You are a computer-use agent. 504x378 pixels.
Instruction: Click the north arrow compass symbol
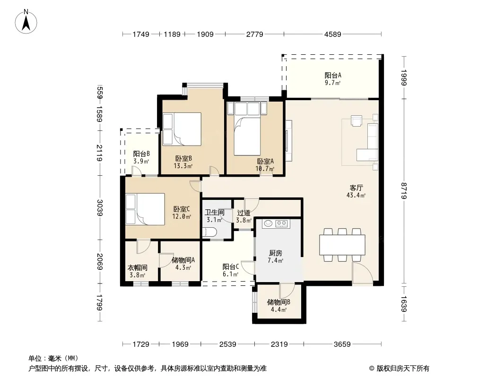pyautogui.click(x=26, y=21)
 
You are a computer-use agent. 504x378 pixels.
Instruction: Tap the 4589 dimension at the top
pyautogui.click(x=332, y=34)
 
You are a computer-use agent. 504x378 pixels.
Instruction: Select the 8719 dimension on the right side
pyautogui.click(x=404, y=191)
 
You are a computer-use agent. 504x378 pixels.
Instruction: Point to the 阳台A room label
pyautogui.click(x=333, y=76)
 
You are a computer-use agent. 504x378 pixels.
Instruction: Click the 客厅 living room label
pyautogui.click(x=356, y=188)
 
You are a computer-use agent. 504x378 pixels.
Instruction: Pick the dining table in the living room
pyautogui.click(x=342, y=245)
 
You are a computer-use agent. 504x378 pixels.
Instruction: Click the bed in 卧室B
pyautogui.click(x=182, y=129)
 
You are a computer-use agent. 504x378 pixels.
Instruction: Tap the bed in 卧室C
pyautogui.click(x=145, y=209)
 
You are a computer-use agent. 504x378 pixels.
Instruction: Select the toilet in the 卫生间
pyautogui.click(x=209, y=233)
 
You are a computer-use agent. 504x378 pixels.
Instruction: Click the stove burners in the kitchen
pyautogui.click(x=282, y=223)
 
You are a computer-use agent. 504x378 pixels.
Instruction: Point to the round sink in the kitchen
pyautogui.click(x=269, y=223)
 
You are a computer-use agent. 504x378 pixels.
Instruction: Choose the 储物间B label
pyautogui.click(x=278, y=302)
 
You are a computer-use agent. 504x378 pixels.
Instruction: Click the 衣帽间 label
pyautogui.click(x=138, y=267)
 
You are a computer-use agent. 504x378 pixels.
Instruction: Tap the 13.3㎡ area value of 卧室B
pyautogui.click(x=183, y=166)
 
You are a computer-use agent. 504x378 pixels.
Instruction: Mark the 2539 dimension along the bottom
pyautogui.click(x=227, y=344)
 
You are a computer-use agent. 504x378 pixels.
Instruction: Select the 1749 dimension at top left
pyautogui.click(x=141, y=34)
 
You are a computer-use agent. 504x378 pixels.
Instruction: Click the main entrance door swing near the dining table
pyautogui.click(x=363, y=273)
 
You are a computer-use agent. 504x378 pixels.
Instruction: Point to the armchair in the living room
pyautogui.click(x=356, y=121)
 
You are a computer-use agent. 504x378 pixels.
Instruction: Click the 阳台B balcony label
pyautogui.click(x=141, y=154)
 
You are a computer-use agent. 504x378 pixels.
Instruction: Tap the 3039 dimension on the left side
pyautogui.click(x=100, y=208)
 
